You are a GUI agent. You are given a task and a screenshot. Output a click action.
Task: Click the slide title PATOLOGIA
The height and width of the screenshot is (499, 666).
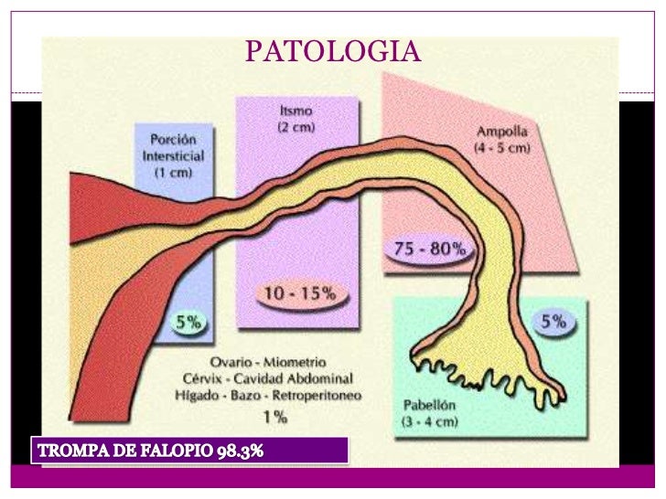pyautogui.click(x=332, y=52)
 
